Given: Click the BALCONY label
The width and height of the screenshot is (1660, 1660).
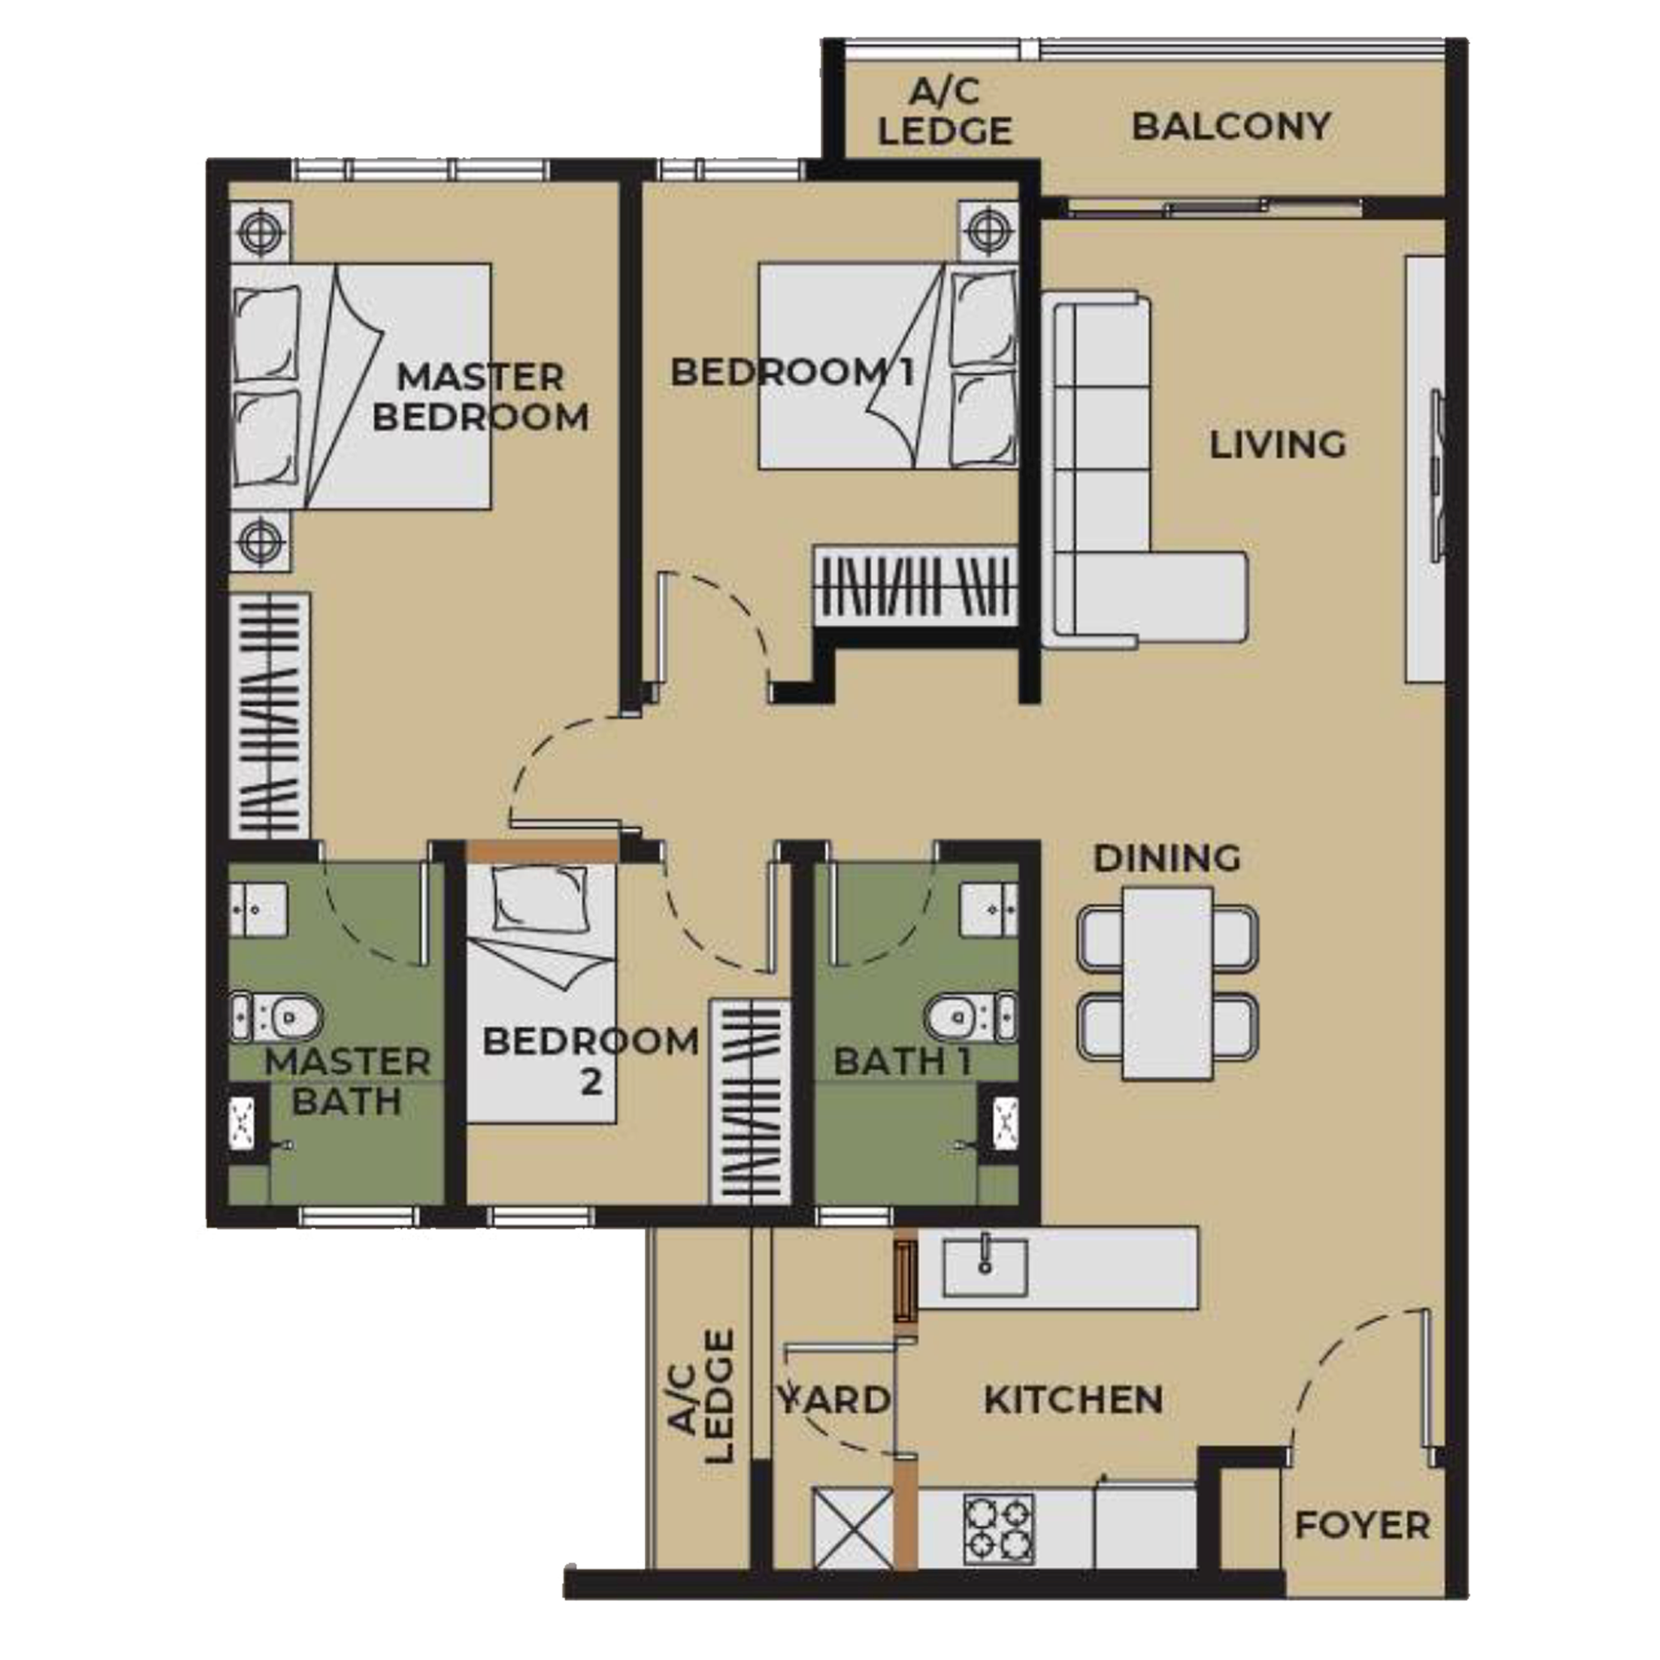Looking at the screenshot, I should [1230, 127].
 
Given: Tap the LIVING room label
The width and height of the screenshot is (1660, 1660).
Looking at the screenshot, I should [1277, 445].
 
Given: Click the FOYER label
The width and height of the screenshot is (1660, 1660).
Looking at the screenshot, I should [1362, 1526].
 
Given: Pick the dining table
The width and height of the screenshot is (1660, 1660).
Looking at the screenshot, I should [1167, 983].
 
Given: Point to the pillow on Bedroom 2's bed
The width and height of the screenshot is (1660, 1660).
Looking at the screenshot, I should [540, 893].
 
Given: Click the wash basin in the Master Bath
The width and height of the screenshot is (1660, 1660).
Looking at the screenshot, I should [258, 907].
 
